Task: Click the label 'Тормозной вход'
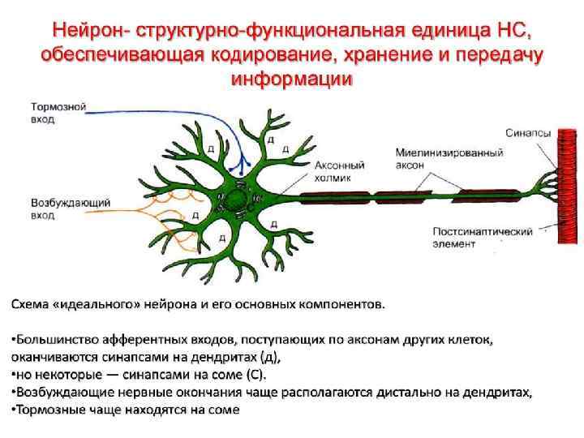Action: point(58,113)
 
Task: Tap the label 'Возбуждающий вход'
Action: point(58,208)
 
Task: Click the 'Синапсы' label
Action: point(528,133)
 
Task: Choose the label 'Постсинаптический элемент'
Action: point(482,237)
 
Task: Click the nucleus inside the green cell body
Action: point(238,200)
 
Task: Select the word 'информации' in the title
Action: point(291,79)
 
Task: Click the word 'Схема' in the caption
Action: point(31,305)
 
